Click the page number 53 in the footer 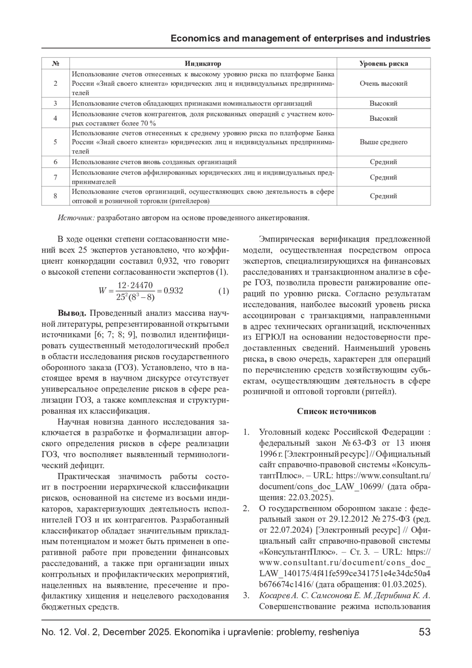point(424,632)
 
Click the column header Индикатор point(203,63)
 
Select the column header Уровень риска point(383,63)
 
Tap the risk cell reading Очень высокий point(383,83)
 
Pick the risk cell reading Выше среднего point(383,142)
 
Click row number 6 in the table point(55,162)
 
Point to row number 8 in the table point(55,196)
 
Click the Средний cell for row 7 point(383,177)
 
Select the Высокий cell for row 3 point(383,103)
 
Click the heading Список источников point(336,412)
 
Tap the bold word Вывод point(72,314)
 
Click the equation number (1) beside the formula point(223,291)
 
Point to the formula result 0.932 point(173,291)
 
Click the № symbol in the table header point(55,63)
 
